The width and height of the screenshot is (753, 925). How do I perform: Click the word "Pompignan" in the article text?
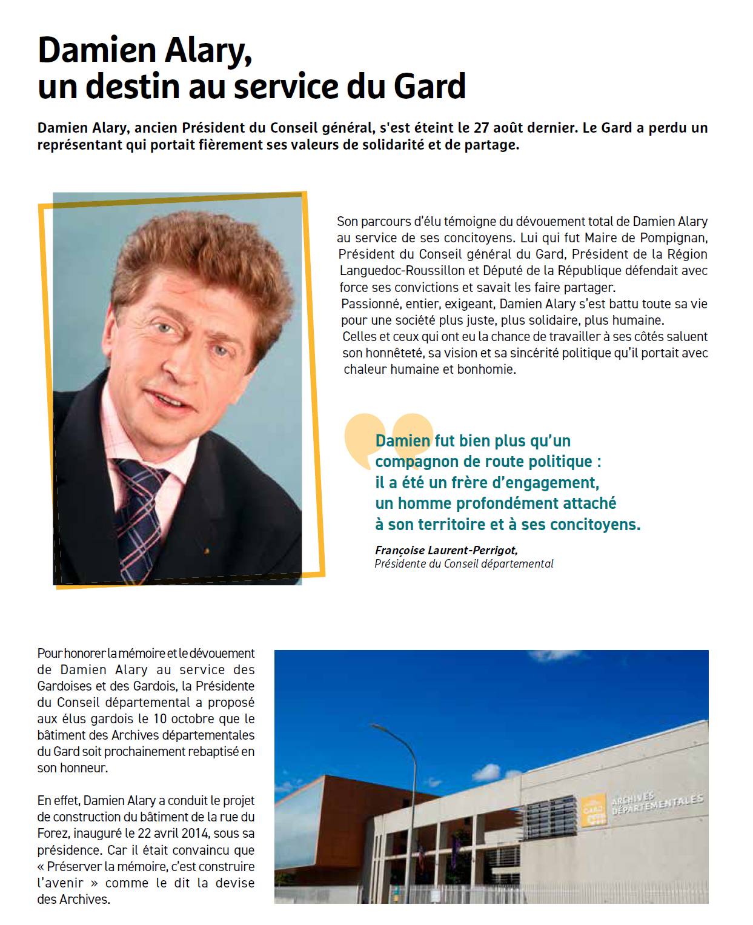pos(670,237)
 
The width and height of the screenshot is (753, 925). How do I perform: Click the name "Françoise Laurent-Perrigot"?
pos(446,550)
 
